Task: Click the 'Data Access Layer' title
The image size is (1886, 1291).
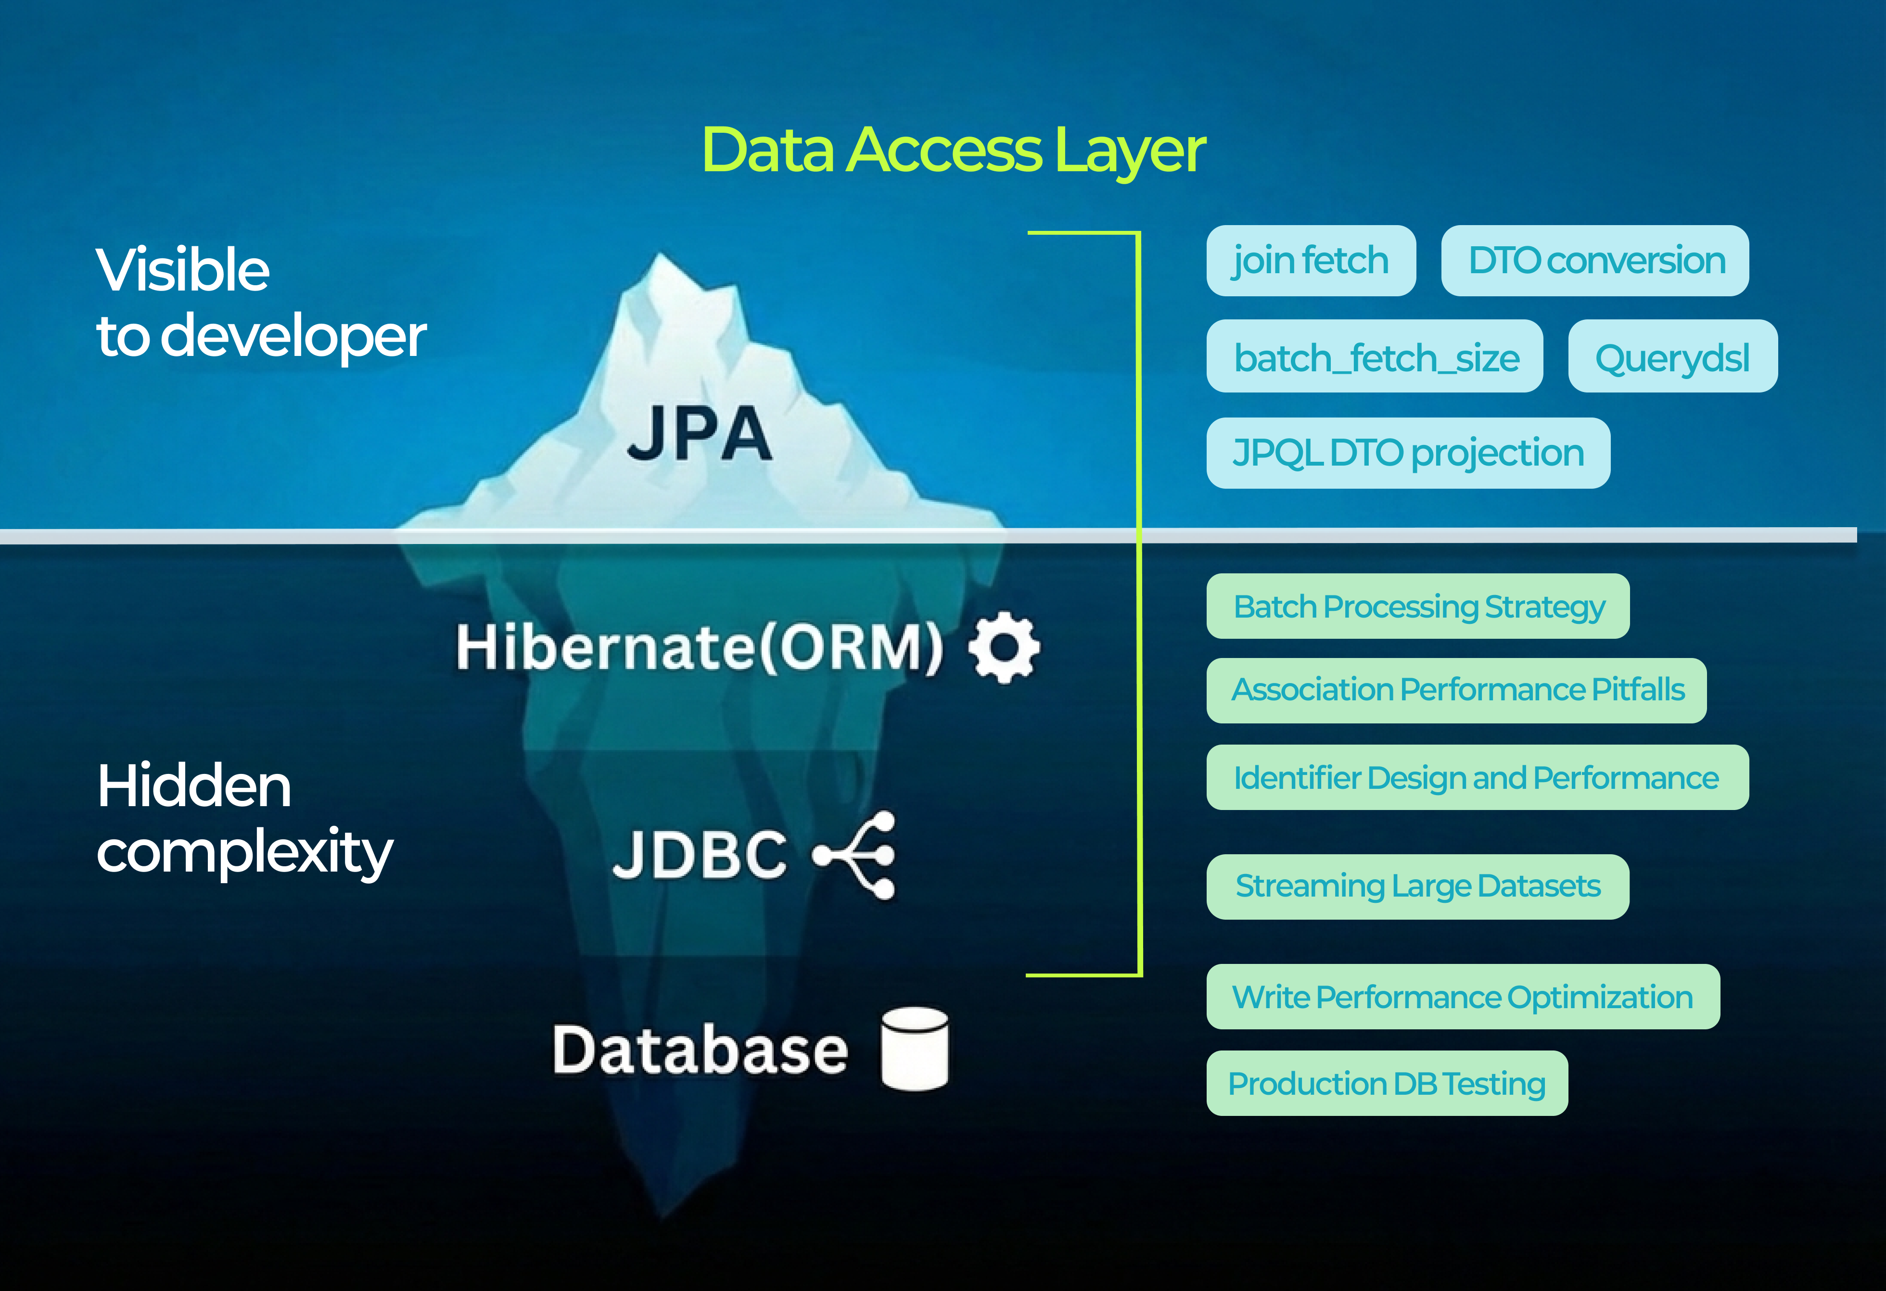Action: click(954, 151)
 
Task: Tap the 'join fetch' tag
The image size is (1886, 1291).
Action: click(1311, 261)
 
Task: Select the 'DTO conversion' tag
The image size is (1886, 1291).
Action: click(1594, 261)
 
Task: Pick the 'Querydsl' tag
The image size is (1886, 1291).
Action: click(1672, 356)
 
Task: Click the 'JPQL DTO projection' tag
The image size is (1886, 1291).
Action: click(1408, 453)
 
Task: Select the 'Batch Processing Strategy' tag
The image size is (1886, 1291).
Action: click(1418, 606)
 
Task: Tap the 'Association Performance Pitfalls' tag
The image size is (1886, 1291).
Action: click(1457, 690)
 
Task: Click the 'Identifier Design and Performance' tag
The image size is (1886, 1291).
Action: click(1477, 777)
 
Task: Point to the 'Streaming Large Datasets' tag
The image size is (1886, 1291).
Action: click(1418, 886)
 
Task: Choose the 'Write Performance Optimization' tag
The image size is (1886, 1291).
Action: click(1463, 997)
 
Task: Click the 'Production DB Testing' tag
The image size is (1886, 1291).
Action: click(1387, 1083)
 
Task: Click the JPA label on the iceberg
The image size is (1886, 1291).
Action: click(700, 434)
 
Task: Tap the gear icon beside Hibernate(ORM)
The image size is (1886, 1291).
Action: click(1004, 647)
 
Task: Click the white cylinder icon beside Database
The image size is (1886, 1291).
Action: click(915, 1049)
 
